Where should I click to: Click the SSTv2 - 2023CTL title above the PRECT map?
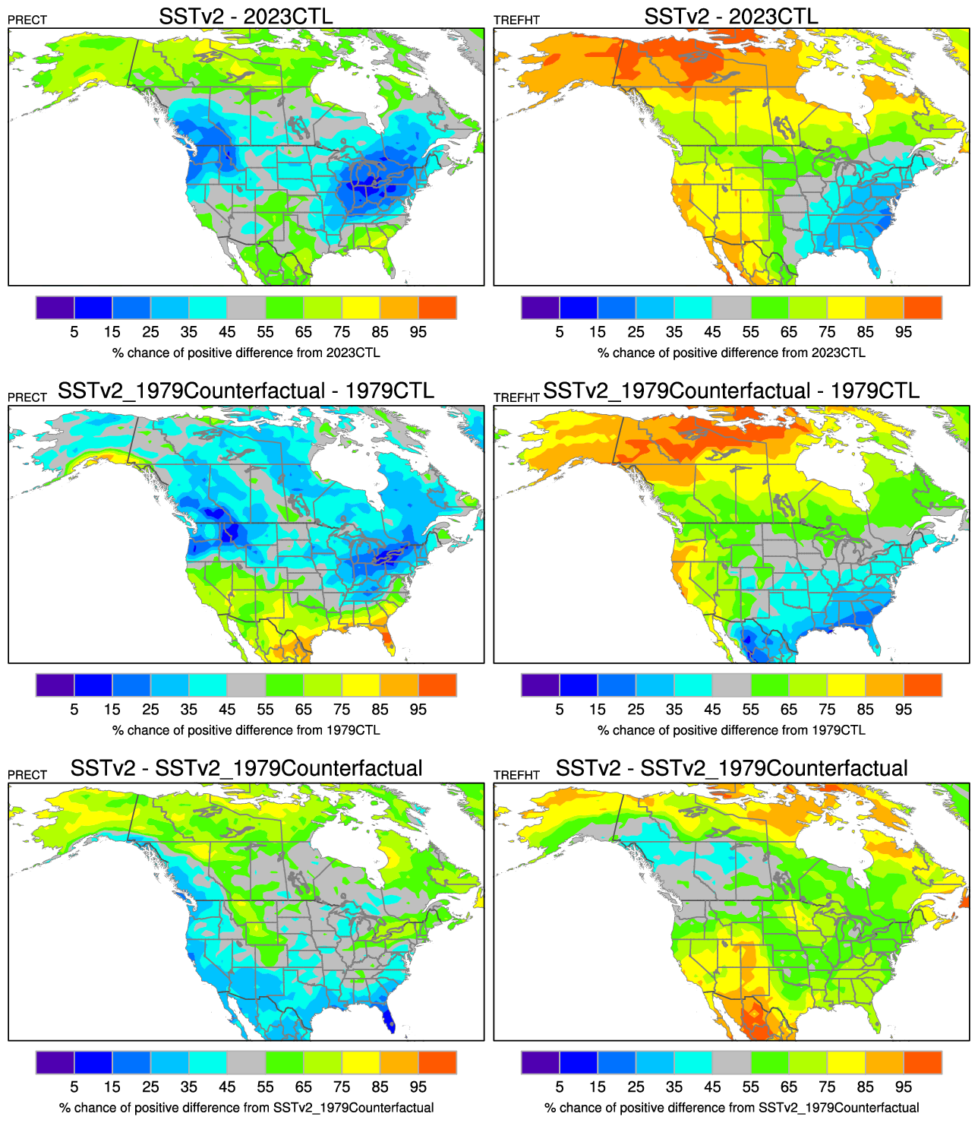(245, 16)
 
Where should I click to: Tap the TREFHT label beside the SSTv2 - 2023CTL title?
(516, 21)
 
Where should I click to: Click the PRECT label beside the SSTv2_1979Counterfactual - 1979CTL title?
(27, 397)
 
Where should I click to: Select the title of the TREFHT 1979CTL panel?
(730, 391)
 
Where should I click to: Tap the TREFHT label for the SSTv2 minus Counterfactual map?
(516, 775)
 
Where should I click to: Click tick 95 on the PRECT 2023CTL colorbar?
(418, 332)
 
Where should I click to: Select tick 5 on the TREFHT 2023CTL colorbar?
(560, 332)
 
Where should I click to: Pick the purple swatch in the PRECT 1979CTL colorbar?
(55, 685)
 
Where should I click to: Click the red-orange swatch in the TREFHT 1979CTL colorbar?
(923, 685)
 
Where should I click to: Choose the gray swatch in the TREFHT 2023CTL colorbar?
(731, 308)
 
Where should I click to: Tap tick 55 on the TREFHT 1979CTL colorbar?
(750, 710)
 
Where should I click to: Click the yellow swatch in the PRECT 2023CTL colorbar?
(361, 308)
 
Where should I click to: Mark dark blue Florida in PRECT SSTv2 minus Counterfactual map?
(388, 1018)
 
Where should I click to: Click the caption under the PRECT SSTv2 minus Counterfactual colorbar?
(246, 1108)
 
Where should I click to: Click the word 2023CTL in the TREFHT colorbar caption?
(838, 353)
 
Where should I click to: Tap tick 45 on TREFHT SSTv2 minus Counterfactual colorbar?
(712, 1087)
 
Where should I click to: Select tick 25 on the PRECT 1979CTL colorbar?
(150, 710)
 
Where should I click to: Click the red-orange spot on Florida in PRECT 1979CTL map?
(389, 644)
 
